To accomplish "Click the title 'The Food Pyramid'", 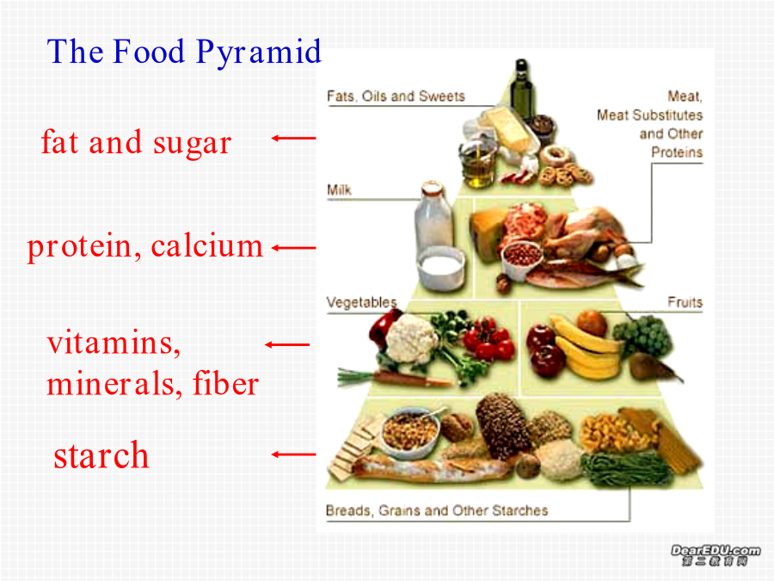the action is [184, 53].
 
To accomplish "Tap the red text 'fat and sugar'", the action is [136, 143].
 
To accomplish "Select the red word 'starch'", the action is [101, 455].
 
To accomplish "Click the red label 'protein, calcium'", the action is [144, 247].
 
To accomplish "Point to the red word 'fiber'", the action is [225, 383].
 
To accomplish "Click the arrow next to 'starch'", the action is [294, 454].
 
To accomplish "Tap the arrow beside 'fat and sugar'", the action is [294, 139].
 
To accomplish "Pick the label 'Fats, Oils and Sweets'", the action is [396, 96].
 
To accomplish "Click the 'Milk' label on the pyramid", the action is [339, 190].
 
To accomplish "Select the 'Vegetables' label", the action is [362, 302].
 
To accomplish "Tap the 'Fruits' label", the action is [685, 302].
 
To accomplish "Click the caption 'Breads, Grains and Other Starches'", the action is [437, 510].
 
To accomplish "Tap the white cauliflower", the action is [411, 338].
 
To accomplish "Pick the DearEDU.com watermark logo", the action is [716, 555].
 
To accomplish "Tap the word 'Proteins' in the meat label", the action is [677, 152].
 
